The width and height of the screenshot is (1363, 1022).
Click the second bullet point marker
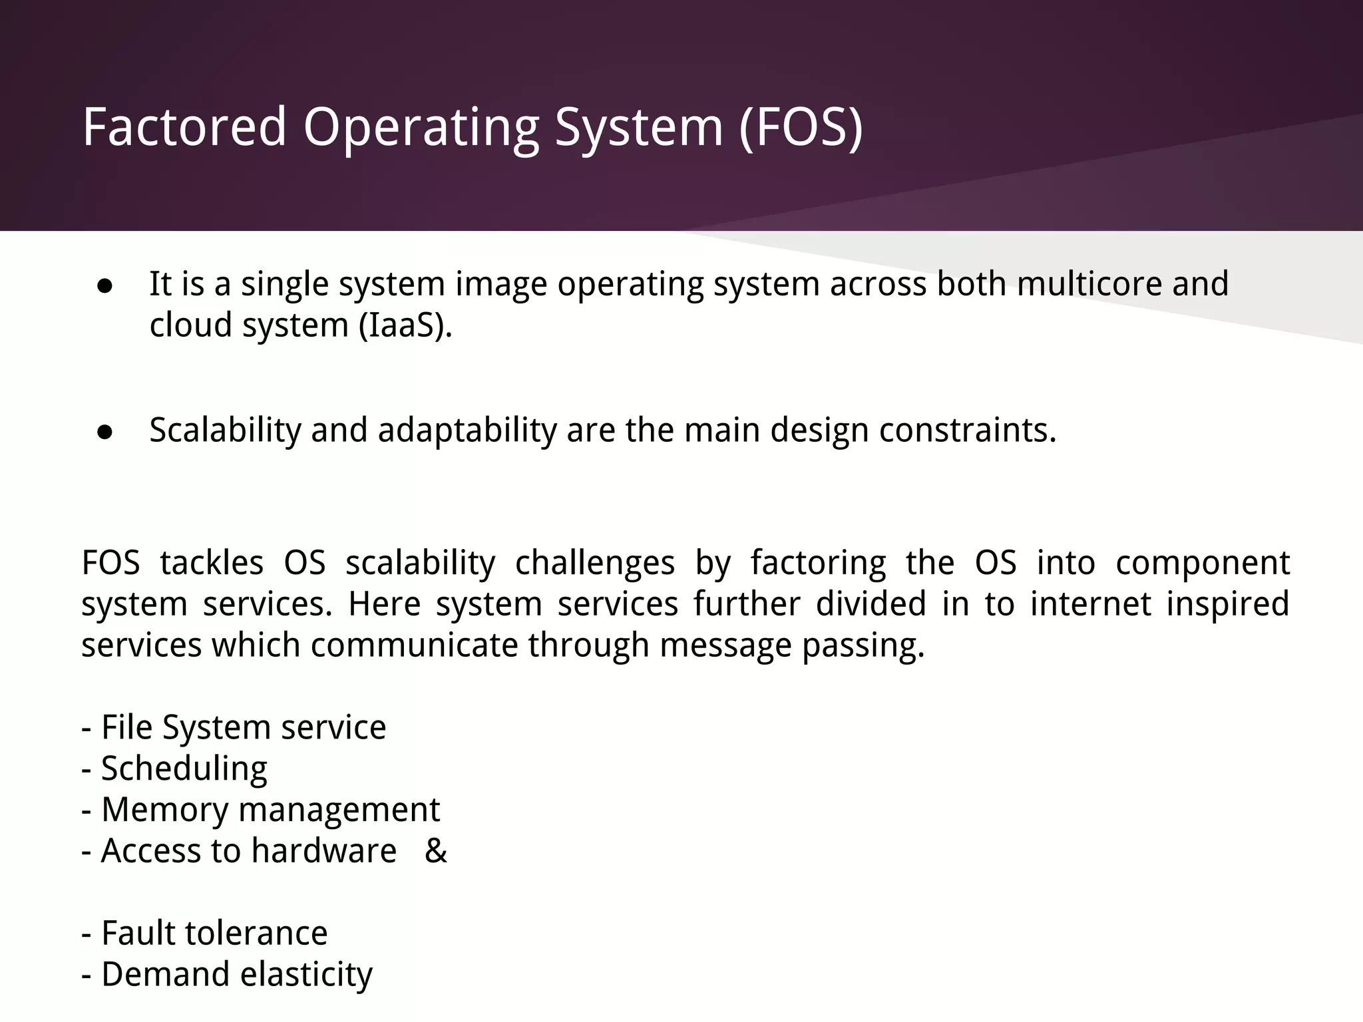pos(104,432)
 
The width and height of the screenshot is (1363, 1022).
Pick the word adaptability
pos(467,430)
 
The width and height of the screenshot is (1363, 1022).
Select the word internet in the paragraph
pos(1090,604)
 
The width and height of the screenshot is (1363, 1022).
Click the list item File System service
pos(234,727)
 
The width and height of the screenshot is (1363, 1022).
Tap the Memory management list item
pos(261,810)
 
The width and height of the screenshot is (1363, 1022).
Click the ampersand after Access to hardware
pos(436,851)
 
